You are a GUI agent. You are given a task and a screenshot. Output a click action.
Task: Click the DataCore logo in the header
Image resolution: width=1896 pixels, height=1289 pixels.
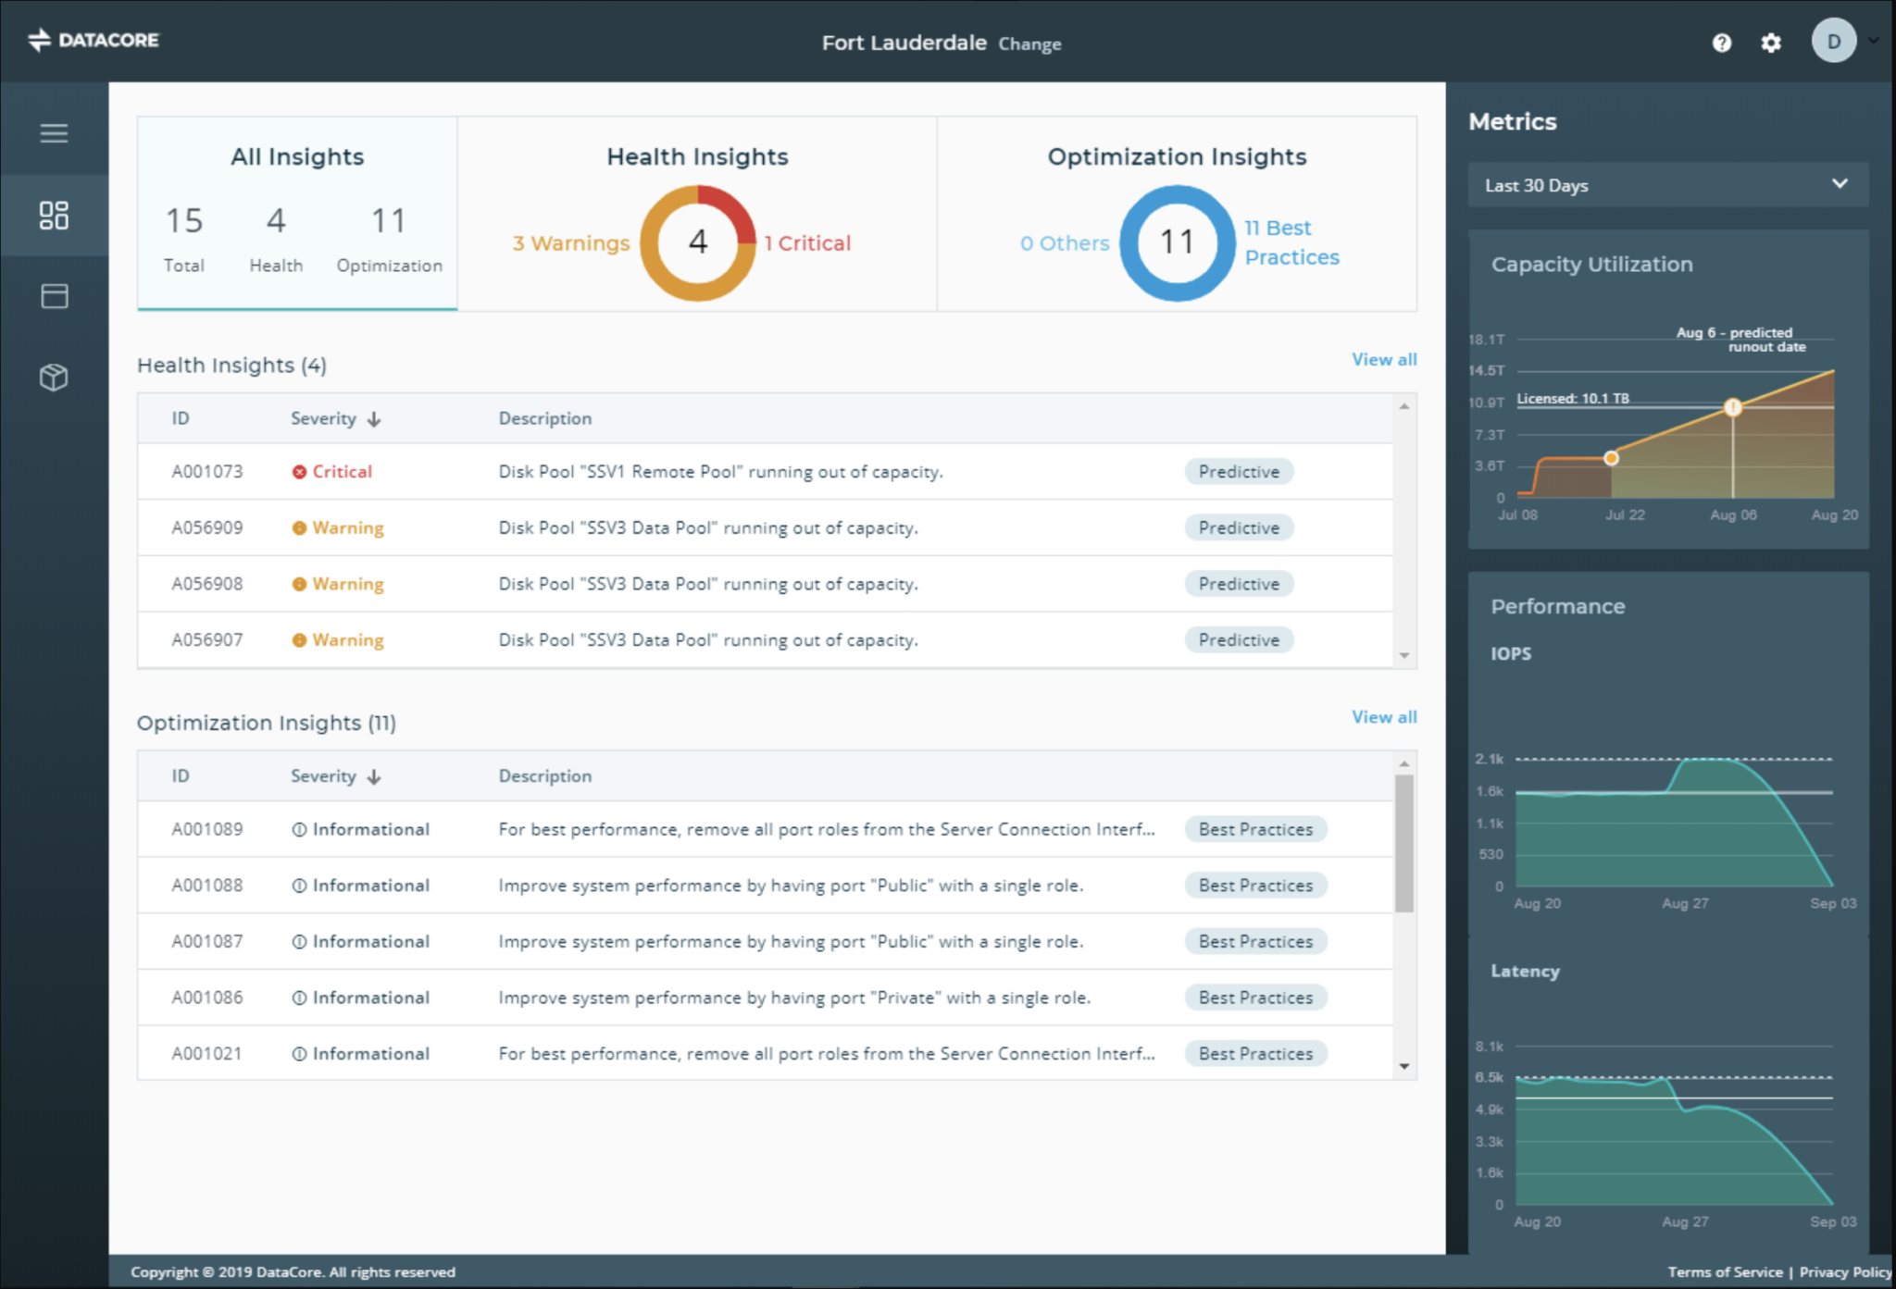tap(94, 40)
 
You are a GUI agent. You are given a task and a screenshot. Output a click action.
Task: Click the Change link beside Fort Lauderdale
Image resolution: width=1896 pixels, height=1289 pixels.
tap(1029, 43)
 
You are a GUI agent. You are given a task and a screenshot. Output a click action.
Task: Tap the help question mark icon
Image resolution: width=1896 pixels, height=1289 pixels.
tap(1721, 43)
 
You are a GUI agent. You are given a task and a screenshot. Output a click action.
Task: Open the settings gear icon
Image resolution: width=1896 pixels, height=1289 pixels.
tap(1770, 43)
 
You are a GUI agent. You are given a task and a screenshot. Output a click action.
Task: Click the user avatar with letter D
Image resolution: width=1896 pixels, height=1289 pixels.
tap(1833, 41)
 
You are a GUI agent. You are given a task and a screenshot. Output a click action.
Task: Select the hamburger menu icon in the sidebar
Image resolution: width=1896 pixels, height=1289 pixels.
tap(54, 133)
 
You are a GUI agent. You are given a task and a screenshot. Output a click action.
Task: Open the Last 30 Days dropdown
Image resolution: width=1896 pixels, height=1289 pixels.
tap(1667, 185)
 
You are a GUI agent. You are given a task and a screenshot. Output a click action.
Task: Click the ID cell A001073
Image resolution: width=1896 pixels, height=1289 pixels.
tap(207, 472)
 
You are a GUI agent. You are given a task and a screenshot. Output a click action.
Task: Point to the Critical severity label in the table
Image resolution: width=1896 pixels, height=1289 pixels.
tap(332, 472)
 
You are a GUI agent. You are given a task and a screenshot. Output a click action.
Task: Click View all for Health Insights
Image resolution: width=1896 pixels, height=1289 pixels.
tap(1384, 360)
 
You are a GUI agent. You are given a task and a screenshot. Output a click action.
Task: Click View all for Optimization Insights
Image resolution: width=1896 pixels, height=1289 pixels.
tap(1384, 717)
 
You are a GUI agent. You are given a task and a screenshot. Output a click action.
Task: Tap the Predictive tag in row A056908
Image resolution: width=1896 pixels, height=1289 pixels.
tap(1239, 584)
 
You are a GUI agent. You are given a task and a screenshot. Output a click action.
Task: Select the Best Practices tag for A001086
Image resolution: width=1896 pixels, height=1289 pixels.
tap(1255, 998)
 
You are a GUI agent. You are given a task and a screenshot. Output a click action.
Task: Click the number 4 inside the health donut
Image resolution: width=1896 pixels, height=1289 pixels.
tap(698, 242)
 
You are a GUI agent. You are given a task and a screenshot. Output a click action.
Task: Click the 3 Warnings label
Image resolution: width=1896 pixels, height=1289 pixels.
tap(571, 243)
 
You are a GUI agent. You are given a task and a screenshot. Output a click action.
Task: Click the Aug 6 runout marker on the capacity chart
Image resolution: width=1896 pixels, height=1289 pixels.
tap(1733, 407)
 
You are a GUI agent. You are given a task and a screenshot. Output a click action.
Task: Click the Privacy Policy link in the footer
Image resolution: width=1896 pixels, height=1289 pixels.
tap(1845, 1272)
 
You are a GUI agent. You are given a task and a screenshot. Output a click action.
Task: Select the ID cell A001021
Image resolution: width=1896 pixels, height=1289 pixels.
tap(206, 1054)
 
